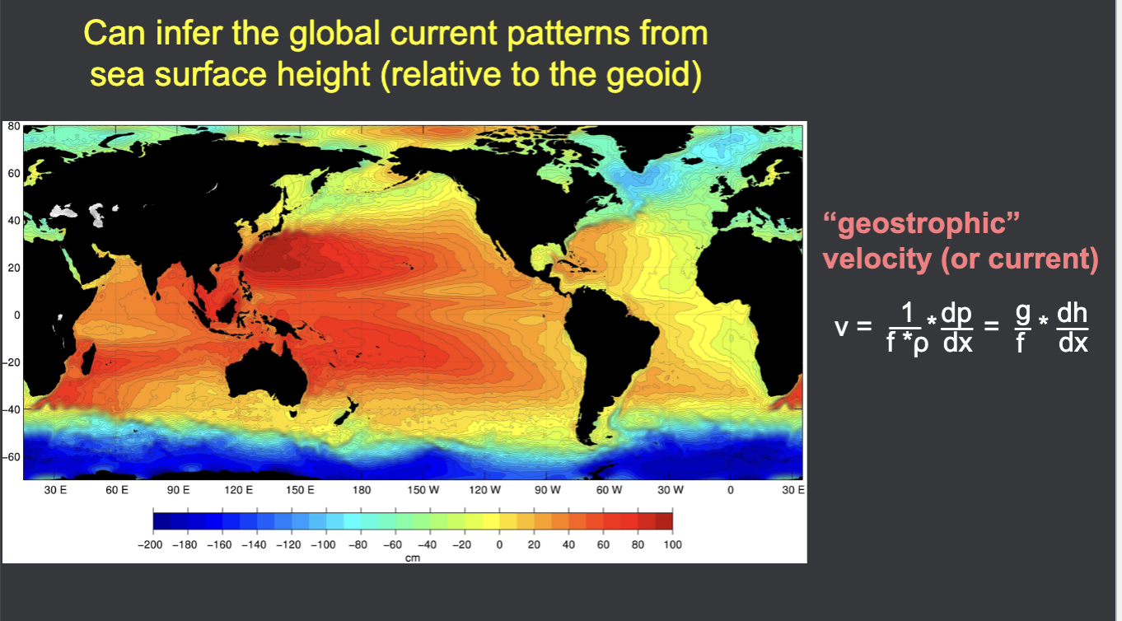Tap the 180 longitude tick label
pyautogui.click(x=361, y=490)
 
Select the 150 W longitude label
pyautogui.click(x=423, y=490)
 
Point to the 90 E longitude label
pyautogui.click(x=178, y=490)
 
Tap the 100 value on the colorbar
pyautogui.click(x=672, y=545)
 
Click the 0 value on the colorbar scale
pyautogui.click(x=498, y=545)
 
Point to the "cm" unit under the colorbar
pyautogui.click(x=413, y=559)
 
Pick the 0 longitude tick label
pyautogui.click(x=731, y=490)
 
